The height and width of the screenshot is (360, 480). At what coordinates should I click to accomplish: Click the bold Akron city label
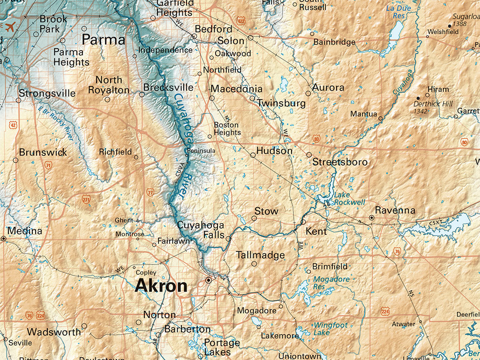[x=161, y=286]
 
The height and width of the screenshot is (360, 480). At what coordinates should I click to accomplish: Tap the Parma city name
[x=104, y=40]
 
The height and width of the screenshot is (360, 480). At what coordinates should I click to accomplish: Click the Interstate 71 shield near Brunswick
[x=48, y=165]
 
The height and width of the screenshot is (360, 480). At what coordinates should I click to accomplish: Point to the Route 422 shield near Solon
[x=241, y=21]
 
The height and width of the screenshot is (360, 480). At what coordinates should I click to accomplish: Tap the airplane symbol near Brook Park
[x=10, y=25]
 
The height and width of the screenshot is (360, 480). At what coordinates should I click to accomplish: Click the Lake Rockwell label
[x=349, y=199]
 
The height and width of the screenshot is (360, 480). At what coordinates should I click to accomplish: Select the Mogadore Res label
[x=331, y=283]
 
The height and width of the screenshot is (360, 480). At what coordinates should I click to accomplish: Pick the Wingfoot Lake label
[x=330, y=329]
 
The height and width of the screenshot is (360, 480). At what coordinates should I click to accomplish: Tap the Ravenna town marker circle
[x=372, y=217]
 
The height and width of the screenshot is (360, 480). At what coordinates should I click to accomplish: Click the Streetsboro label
[x=340, y=162]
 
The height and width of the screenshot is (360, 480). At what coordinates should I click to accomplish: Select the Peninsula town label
[x=201, y=150]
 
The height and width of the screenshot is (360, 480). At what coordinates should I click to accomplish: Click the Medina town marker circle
[x=4, y=239]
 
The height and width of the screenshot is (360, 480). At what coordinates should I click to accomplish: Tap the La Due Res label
[x=398, y=12]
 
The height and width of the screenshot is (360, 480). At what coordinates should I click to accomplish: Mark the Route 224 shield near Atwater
[x=385, y=311]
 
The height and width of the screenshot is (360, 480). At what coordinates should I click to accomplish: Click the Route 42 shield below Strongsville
[x=13, y=125]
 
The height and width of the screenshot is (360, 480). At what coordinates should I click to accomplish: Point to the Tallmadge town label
[x=260, y=255]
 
